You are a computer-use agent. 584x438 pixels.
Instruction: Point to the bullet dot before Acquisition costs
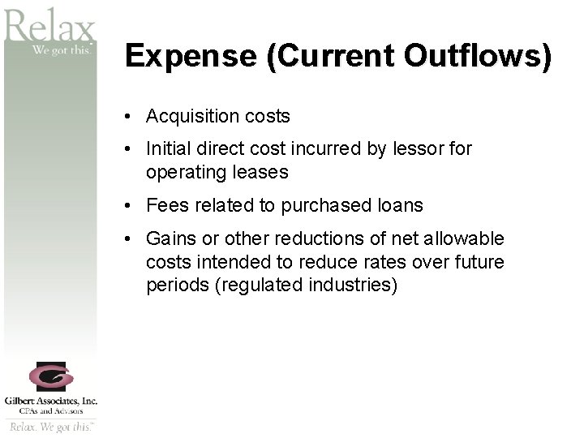pos(129,117)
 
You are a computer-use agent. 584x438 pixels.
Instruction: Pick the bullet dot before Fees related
pos(129,206)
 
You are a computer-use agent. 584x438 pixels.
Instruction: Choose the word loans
pos(398,206)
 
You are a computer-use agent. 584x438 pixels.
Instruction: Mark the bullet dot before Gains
pos(129,239)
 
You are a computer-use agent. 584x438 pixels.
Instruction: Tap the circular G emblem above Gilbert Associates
pos(50,376)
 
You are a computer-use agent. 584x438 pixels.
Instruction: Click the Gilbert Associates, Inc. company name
pos(50,400)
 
